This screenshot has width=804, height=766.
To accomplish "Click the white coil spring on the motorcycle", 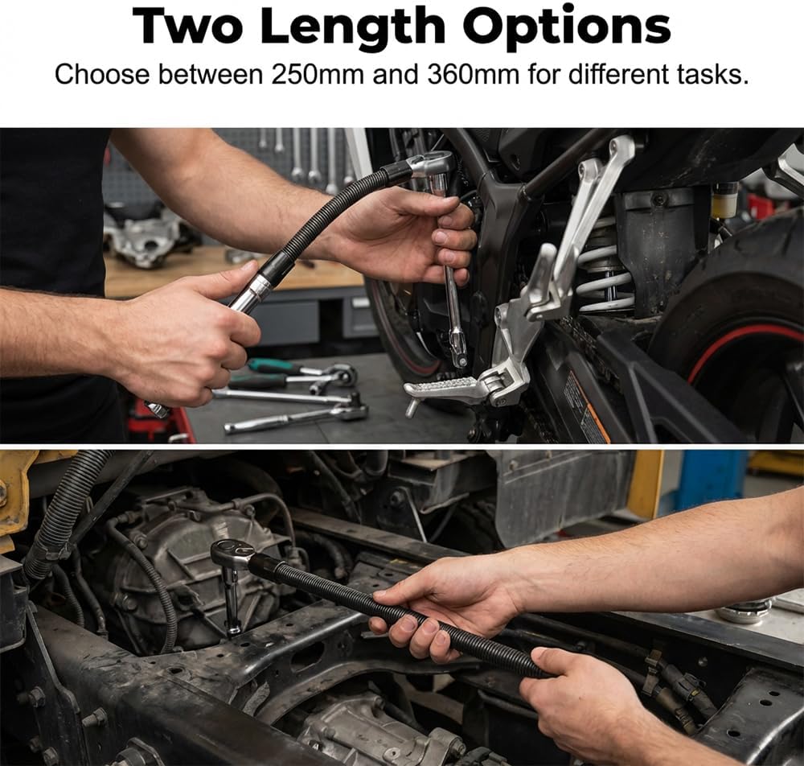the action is [x=605, y=272].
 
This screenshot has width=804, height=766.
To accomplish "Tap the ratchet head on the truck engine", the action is [x=233, y=554].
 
